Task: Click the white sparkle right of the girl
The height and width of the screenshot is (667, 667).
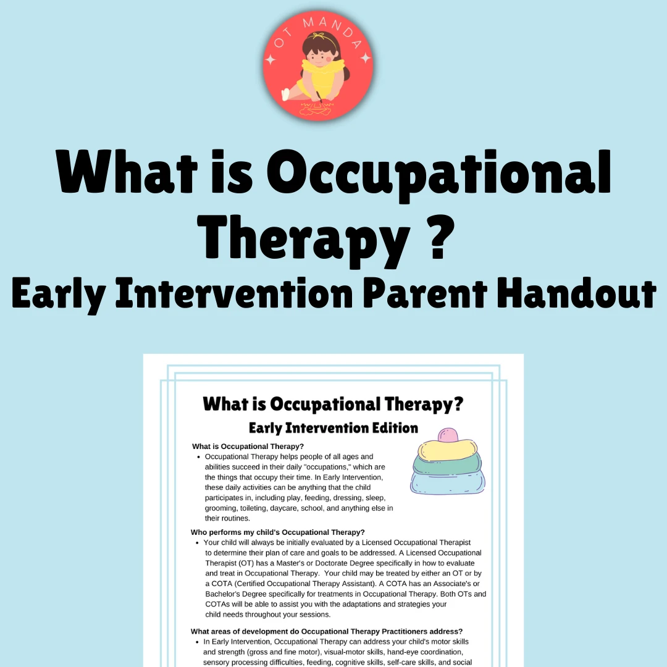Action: coord(366,59)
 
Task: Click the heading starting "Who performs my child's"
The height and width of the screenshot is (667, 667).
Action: coord(278,532)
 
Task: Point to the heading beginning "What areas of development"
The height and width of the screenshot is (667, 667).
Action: coord(327,631)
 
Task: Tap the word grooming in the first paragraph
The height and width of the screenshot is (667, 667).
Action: coord(220,508)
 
